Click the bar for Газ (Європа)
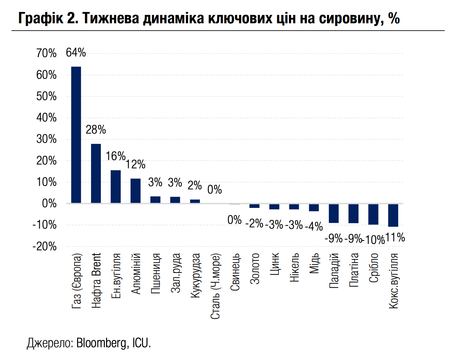pos(76,135)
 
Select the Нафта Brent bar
pos(96,173)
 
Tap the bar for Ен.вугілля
pos(116,187)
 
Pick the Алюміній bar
pos(135,191)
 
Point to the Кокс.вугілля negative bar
pos(393,215)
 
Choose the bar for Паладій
pos(334,213)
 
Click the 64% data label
pos(76,53)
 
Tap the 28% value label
pos(96,130)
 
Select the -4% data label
pos(314,226)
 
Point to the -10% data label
pos(373,239)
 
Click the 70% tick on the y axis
pos(47,53)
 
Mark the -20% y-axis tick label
pos(45,246)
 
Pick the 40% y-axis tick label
pos(47,118)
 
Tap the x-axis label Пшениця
pos(155,273)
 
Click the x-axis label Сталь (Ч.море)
pos(215,286)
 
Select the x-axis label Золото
pos(255,268)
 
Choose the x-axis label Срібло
pos(374,268)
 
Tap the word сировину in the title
pos(351,18)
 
